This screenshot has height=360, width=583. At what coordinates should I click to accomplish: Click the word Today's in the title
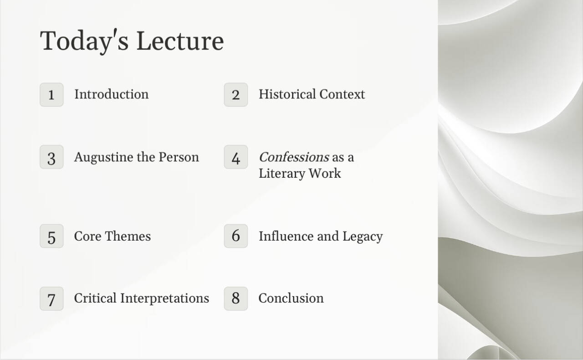tap(84, 41)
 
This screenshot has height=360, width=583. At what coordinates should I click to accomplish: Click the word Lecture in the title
tap(180, 41)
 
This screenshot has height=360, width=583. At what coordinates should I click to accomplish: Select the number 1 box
tap(51, 95)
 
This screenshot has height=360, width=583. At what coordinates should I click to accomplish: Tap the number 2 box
tap(236, 95)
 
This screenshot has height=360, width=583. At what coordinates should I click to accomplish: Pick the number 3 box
tap(51, 157)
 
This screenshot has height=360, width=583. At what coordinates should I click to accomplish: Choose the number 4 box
tap(236, 157)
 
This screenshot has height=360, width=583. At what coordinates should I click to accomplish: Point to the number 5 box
tap(51, 236)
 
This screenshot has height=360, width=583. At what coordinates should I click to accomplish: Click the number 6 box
tap(236, 236)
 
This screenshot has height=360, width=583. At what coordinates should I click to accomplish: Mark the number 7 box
tap(51, 298)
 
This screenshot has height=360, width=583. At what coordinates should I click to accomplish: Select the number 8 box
tap(236, 298)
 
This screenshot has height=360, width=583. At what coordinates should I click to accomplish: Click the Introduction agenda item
tap(112, 94)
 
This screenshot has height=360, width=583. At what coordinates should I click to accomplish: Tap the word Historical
tap(287, 94)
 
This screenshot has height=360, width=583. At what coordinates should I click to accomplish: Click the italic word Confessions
tap(294, 157)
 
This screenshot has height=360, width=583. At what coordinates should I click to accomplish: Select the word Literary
tap(281, 174)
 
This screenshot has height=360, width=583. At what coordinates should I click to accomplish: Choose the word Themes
tap(128, 236)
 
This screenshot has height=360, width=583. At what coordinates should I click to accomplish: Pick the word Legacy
tap(363, 237)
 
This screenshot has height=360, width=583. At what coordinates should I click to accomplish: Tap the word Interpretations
tap(164, 298)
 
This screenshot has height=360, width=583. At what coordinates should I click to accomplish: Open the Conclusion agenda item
tap(291, 298)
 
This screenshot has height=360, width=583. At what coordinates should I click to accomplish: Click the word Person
tap(179, 157)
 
